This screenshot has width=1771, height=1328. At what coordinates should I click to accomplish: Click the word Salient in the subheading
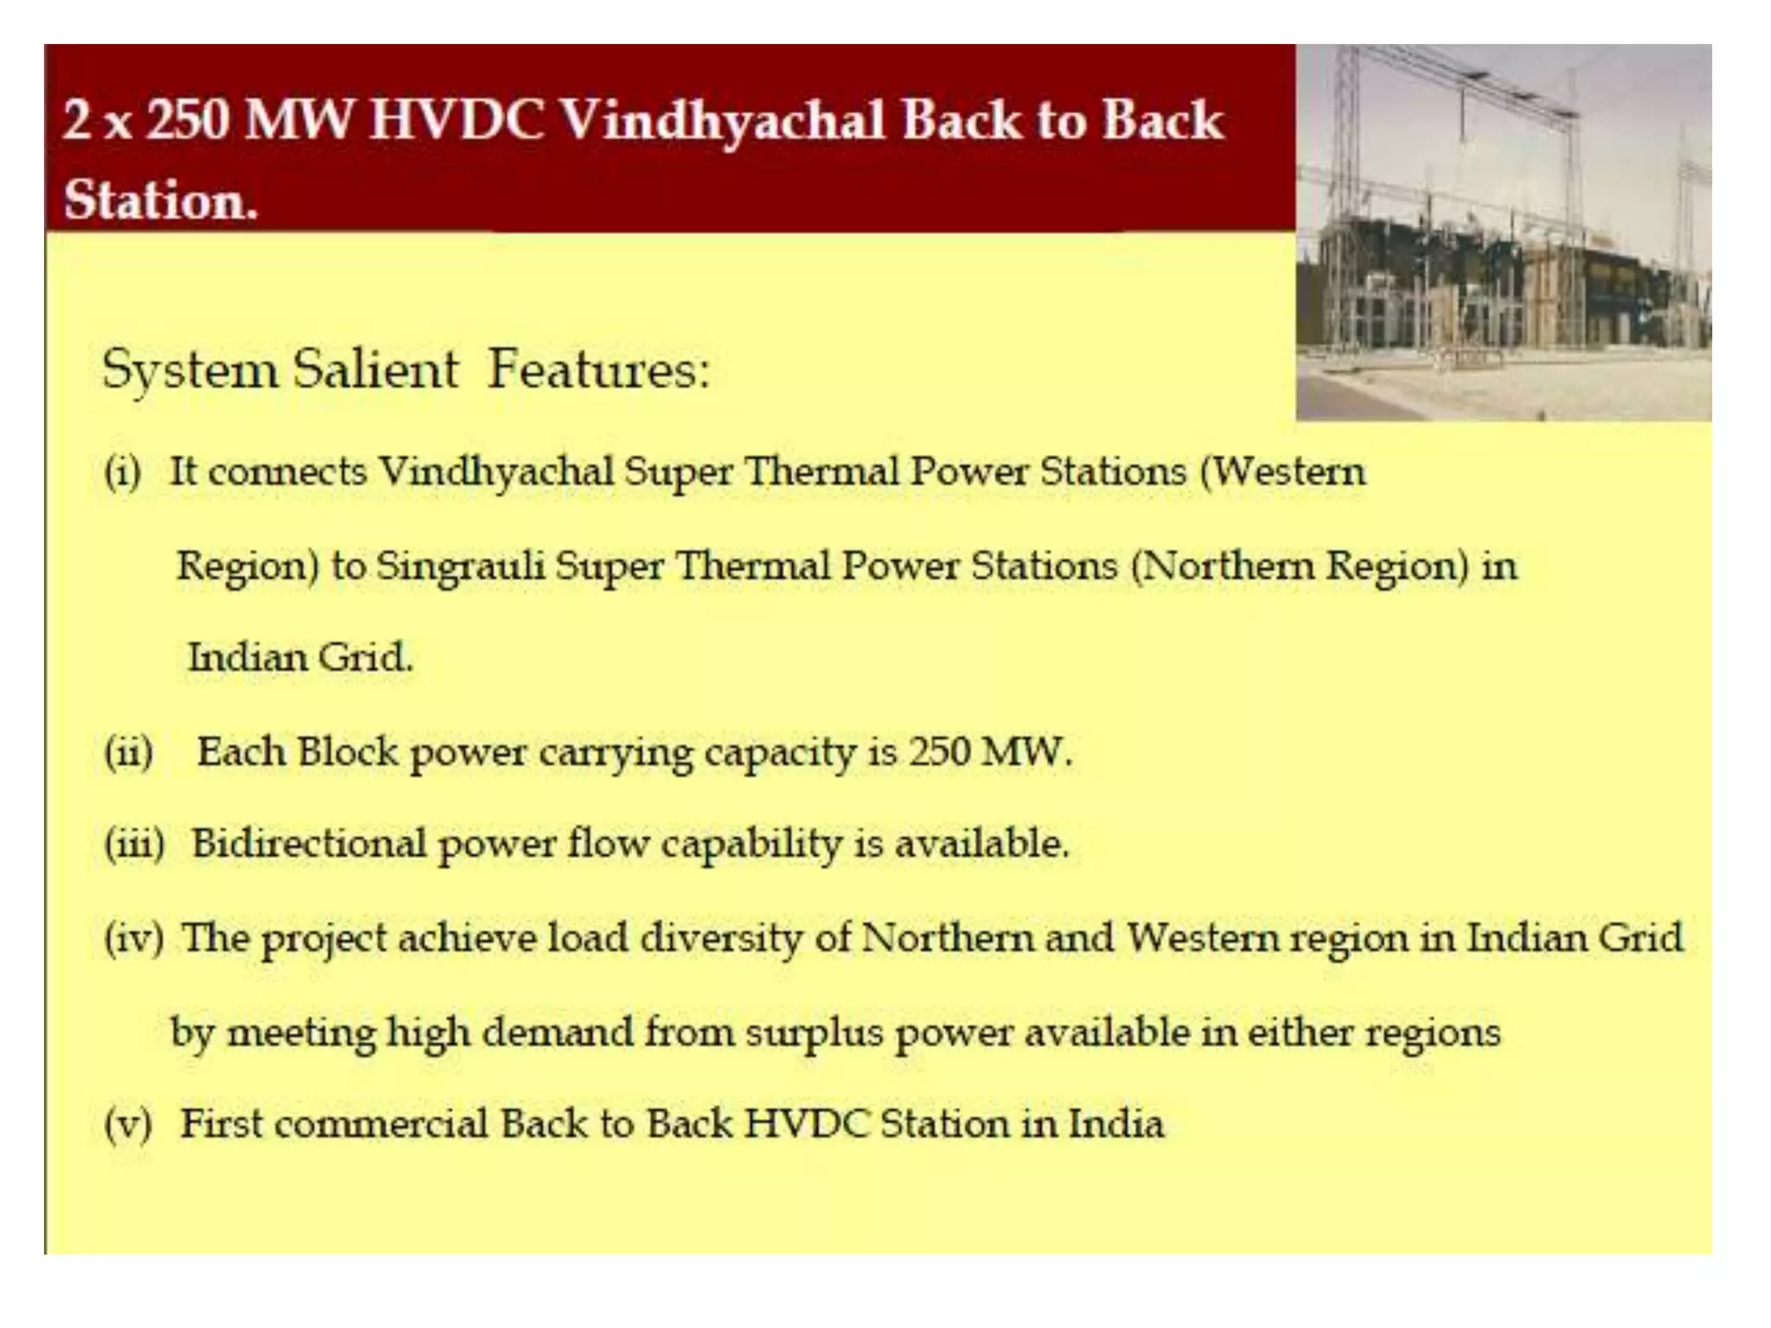(x=374, y=369)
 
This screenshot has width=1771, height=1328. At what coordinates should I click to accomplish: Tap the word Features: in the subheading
(x=598, y=369)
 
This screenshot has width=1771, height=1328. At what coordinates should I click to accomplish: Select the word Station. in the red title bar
(x=161, y=201)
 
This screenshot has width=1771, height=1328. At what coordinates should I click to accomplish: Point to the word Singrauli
(x=460, y=566)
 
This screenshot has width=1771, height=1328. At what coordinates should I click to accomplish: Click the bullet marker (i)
(x=122, y=472)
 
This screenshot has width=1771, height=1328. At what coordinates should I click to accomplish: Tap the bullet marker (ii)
(x=128, y=751)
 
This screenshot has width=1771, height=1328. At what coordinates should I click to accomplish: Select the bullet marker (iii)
(x=134, y=844)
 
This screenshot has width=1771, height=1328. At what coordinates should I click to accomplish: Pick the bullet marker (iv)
(x=133, y=938)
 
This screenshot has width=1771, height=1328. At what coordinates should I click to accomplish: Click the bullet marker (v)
(x=127, y=1124)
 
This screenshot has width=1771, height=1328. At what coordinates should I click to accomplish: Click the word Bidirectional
(x=309, y=843)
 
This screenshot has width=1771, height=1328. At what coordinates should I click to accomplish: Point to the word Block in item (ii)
(x=348, y=751)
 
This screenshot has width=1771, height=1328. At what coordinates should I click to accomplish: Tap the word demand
(x=557, y=1032)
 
